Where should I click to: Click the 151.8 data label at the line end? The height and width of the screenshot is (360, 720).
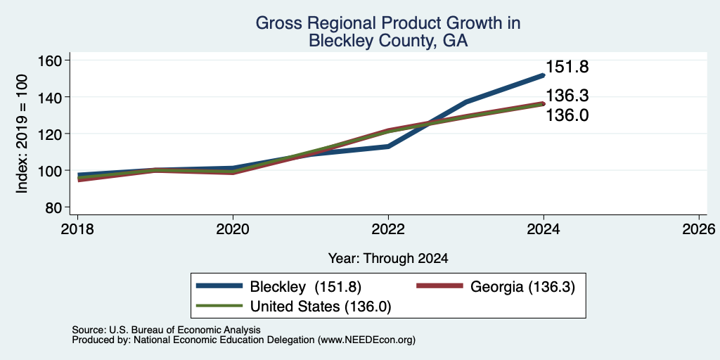[x=567, y=67]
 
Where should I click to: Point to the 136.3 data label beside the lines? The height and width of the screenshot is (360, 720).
[x=567, y=96]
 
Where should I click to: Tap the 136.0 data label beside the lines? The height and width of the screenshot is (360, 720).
[x=567, y=115]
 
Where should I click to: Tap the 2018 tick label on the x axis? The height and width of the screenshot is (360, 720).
[x=77, y=229]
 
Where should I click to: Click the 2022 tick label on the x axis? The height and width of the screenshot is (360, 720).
[x=388, y=229]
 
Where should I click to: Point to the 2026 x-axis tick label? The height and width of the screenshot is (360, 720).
[x=700, y=229]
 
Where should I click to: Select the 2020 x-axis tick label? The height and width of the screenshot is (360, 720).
[x=233, y=229]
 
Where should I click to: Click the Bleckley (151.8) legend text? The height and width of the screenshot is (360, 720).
[x=306, y=287]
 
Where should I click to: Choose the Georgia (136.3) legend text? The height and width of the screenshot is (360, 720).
[x=522, y=287]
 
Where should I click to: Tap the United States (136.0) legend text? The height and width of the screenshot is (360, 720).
[x=321, y=307]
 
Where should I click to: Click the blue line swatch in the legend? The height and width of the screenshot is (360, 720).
[x=219, y=286]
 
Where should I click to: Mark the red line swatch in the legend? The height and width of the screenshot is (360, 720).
[x=439, y=286]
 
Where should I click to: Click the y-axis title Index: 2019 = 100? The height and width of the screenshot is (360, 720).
[x=22, y=134]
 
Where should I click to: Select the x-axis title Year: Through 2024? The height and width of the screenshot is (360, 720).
[x=388, y=259]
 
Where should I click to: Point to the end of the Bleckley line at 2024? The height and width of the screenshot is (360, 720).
[x=544, y=75]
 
